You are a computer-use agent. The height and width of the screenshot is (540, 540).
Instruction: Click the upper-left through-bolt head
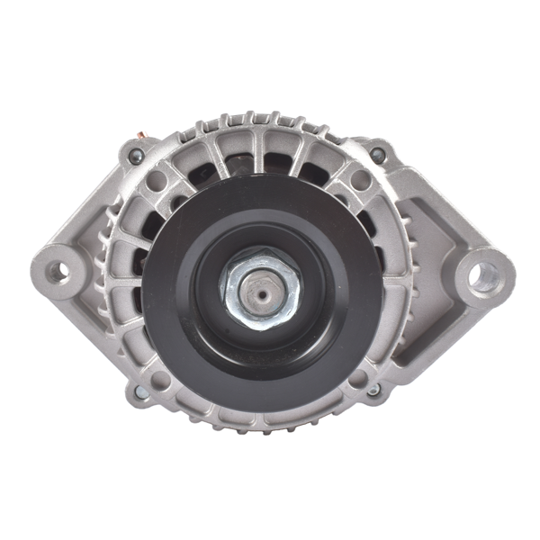[137, 157]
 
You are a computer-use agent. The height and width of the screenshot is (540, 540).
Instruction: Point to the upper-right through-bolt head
[378, 155]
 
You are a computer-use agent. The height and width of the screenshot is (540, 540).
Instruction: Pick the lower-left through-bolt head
[141, 392]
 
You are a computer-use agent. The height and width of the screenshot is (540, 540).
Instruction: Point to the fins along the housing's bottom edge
[261, 423]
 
